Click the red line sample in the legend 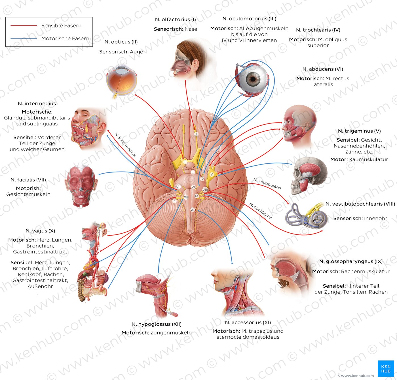(x=24, y=26)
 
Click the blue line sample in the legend (x=24, y=38)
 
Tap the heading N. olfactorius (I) (x=176, y=20)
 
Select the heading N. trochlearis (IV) (x=318, y=30)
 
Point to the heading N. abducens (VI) (x=322, y=69)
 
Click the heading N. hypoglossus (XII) (x=157, y=324)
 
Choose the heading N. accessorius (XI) (x=248, y=322)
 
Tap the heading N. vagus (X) (x=40, y=231)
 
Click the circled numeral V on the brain (x=212, y=174)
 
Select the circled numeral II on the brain (x=185, y=162)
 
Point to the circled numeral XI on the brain (x=193, y=210)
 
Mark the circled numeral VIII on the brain (x=205, y=190)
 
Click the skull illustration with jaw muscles (x=309, y=176)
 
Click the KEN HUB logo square (x=386, y=369)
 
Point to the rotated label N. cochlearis (x=261, y=211)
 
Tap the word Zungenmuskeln (x=171, y=333)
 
